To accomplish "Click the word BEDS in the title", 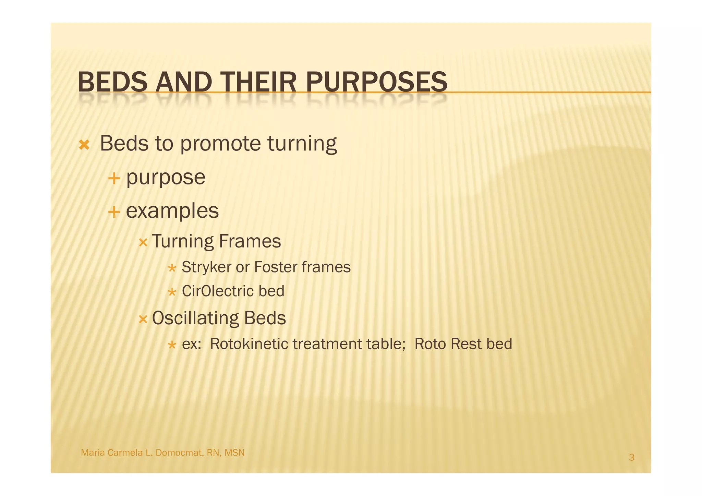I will pyautogui.click(x=112, y=82).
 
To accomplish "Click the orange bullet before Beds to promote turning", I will pyautogui.click(x=84, y=145).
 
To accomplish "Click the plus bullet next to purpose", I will pyautogui.click(x=114, y=178).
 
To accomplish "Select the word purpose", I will pyautogui.click(x=166, y=178).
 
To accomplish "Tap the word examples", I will pyautogui.click(x=172, y=210).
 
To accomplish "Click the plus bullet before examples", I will pyautogui.click(x=114, y=212).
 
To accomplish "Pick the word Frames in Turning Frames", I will pyautogui.click(x=250, y=241).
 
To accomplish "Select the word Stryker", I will pyautogui.click(x=206, y=267).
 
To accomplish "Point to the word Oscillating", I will pyautogui.click(x=195, y=318).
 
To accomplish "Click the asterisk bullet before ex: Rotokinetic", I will pyautogui.click(x=172, y=345).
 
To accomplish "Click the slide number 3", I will pyautogui.click(x=631, y=457).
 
